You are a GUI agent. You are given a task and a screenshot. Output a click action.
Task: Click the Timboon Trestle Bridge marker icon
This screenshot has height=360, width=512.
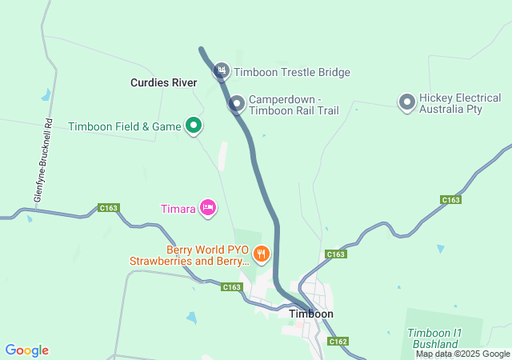point(222,72)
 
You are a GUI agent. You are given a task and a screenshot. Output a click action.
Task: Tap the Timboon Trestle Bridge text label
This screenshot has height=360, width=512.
point(292,73)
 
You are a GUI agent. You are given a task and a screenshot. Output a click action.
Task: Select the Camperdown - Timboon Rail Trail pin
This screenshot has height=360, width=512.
point(237,103)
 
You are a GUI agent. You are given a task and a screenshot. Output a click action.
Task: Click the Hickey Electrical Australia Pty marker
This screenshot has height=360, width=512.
point(406,102)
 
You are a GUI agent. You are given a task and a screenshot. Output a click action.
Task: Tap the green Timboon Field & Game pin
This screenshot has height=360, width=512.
point(193,126)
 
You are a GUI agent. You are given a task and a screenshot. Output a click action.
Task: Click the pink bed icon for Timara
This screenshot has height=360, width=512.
point(207,208)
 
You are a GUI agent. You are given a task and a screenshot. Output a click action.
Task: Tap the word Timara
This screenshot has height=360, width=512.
point(177,209)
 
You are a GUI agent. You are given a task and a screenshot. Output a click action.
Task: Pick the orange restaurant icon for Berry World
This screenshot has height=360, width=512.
point(261,254)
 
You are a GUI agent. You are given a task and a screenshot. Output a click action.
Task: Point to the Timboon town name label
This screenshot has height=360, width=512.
point(310,314)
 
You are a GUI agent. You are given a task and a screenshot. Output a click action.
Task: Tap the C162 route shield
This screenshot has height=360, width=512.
point(338,342)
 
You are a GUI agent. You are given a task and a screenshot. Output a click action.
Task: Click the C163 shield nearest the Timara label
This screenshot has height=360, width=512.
point(109,208)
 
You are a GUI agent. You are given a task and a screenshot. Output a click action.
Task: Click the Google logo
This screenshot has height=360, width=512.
point(26,350)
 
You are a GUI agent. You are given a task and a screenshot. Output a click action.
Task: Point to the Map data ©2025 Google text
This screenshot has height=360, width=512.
point(462,354)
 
